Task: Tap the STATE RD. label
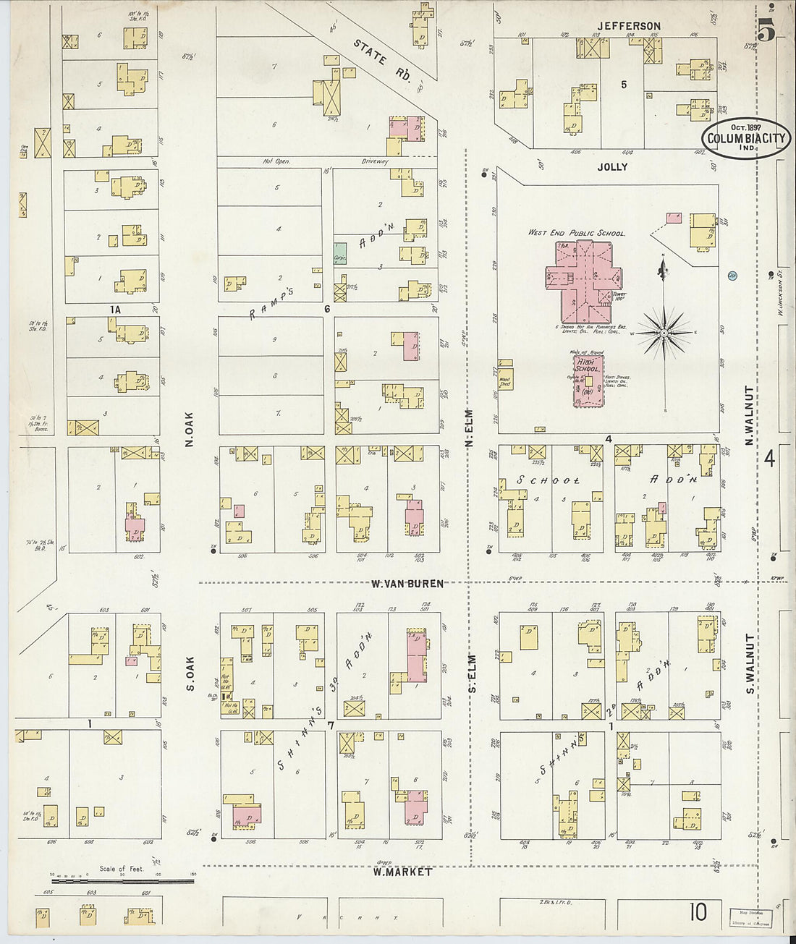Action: point(382,65)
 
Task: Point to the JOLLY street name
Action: point(612,166)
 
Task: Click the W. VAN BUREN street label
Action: point(407,584)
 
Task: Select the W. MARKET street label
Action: point(402,872)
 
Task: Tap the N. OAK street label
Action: point(190,428)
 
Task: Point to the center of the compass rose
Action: point(663,333)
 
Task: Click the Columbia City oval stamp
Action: point(745,138)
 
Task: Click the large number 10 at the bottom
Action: point(698,912)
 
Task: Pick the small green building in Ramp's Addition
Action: point(340,253)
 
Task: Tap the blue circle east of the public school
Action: point(732,276)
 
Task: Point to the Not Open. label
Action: point(276,161)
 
